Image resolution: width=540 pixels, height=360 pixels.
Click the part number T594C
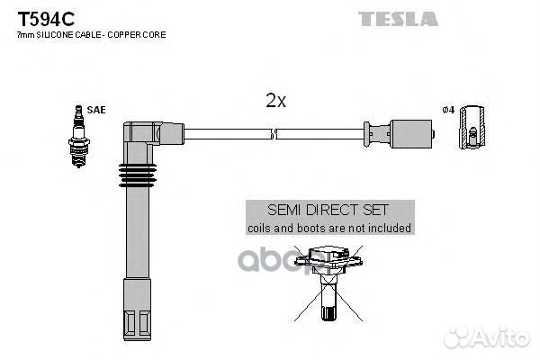pos(46,19)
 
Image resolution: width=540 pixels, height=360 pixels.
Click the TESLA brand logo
pos(398,19)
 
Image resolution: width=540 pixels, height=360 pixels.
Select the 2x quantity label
pos(276,101)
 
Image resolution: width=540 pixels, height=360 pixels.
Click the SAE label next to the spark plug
pos(96,110)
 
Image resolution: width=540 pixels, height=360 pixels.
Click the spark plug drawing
pos(79,136)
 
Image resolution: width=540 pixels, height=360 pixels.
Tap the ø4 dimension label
pos(448,110)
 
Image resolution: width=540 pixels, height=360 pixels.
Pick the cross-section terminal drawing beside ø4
pos(472,128)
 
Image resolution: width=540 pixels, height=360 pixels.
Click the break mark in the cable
pos(274,134)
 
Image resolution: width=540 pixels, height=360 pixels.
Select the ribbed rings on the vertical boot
pos(138,175)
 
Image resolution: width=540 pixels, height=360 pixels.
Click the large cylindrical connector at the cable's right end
pos(411,134)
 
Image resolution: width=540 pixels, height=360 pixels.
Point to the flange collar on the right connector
pos(367,134)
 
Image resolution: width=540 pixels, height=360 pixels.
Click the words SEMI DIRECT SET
pos(328,210)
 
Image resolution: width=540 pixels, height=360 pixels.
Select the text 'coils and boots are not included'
pos(329,228)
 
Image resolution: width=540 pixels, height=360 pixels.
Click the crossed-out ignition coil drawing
pos(328,283)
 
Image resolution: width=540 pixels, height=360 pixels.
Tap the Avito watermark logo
pos(487,337)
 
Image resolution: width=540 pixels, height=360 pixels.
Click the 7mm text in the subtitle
pos(25,35)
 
